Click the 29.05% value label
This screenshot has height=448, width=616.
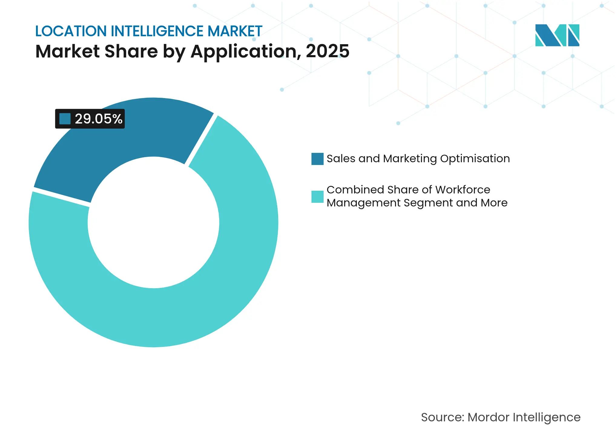click(98, 119)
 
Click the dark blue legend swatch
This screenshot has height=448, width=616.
click(317, 159)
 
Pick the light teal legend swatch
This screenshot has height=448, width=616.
click(317, 196)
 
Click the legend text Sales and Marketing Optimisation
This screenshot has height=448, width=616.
click(418, 159)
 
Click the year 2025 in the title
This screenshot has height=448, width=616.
click(328, 51)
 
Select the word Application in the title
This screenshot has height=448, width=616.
click(243, 51)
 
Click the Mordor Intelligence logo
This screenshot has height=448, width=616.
click(557, 35)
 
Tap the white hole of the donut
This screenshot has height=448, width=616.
click(153, 222)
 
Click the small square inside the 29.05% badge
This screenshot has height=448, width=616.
click(65, 119)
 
